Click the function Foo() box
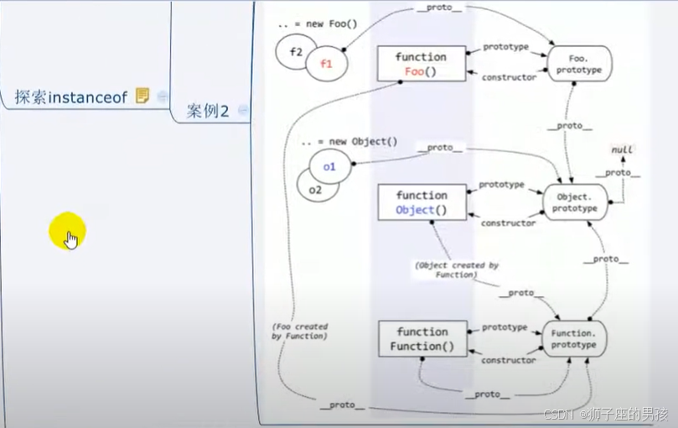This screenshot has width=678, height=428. point(421,64)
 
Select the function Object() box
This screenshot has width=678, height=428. point(422,202)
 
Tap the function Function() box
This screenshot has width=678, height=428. point(422,339)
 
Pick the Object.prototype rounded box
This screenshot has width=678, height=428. point(576,202)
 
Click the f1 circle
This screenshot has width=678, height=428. point(327,64)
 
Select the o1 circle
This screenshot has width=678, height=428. point(329,166)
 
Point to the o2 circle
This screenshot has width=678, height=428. point(315,190)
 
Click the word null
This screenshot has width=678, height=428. point(622,149)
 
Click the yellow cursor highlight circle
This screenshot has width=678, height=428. point(67,231)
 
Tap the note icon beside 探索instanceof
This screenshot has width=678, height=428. point(142,97)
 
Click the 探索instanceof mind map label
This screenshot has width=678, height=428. point(70,97)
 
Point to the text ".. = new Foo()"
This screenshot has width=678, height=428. point(318,23)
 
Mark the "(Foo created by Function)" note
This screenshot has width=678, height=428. point(299,331)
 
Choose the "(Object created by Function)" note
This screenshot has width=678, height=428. point(457,269)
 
